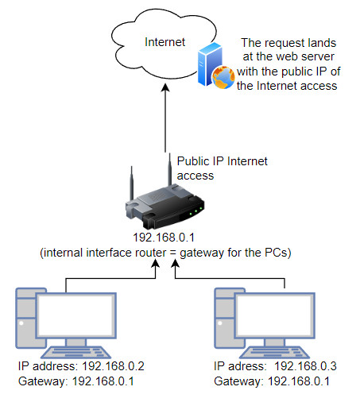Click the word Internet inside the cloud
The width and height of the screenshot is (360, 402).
(165, 42)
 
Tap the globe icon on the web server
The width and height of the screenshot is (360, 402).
(223, 77)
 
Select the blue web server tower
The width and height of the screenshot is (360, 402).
(210, 64)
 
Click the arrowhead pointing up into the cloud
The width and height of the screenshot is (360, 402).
(165, 88)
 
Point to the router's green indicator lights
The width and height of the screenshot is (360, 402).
(195, 211)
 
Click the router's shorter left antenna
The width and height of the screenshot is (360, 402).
(131, 184)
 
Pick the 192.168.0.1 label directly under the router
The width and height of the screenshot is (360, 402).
(164, 238)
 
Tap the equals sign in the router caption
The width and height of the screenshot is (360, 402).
(172, 253)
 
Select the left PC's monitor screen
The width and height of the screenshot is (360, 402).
(76, 315)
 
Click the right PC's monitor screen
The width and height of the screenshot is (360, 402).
(275, 315)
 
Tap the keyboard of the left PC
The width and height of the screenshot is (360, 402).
(76, 353)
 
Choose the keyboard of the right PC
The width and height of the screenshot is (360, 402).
(274, 353)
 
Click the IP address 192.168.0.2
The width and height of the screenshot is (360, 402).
(113, 366)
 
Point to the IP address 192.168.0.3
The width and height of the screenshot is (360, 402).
(305, 366)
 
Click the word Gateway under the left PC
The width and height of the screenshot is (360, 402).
(42, 381)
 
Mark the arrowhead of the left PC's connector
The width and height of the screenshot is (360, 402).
(155, 263)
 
